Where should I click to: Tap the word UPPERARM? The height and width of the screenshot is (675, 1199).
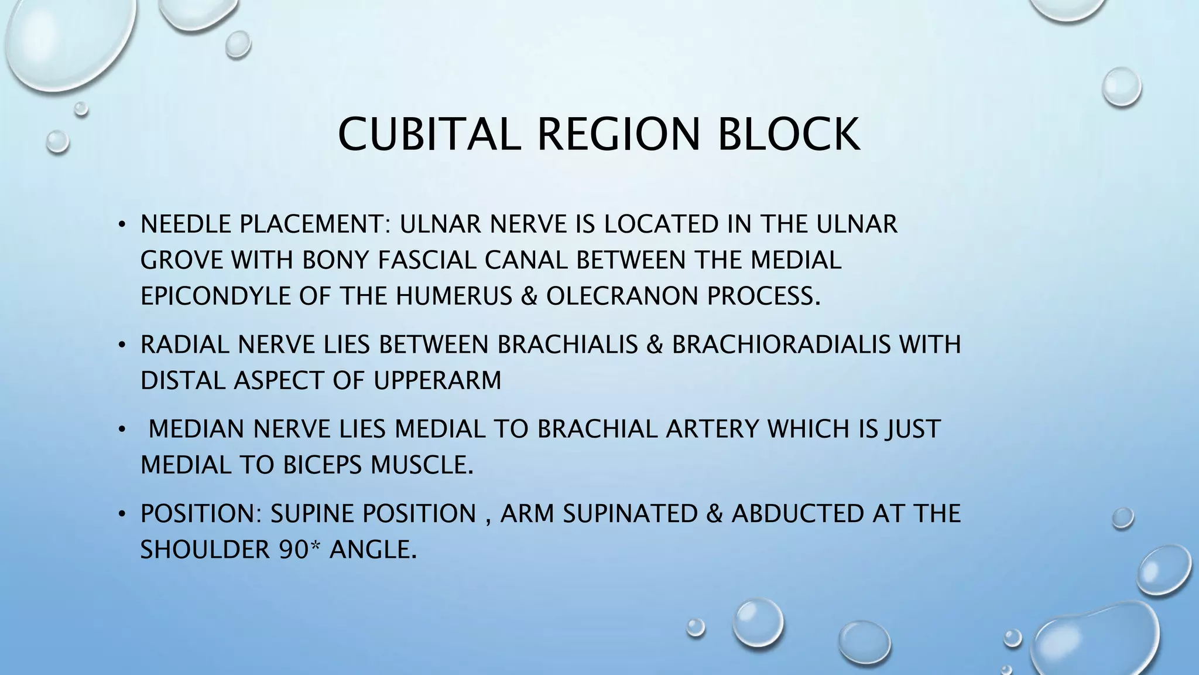pyautogui.click(x=437, y=381)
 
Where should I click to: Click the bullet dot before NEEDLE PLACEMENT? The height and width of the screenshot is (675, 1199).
pyautogui.click(x=121, y=224)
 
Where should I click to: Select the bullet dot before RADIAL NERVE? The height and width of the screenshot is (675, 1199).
pyautogui.click(x=121, y=345)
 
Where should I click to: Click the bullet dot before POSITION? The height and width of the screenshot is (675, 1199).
pyautogui.click(x=121, y=514)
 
